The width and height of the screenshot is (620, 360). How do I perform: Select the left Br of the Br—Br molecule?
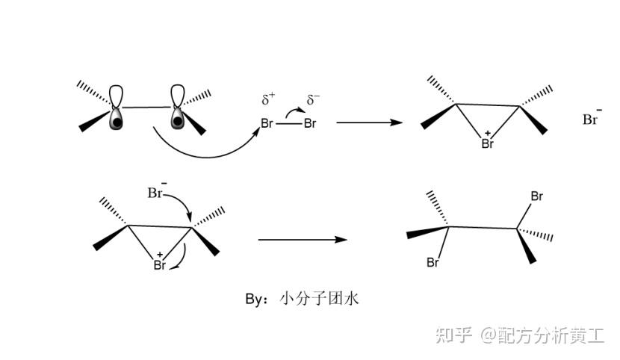[x=267, y=123]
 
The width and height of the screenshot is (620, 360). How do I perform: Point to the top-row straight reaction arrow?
[x=369, y=122]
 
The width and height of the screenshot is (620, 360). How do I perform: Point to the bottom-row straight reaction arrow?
[x=302, y=240]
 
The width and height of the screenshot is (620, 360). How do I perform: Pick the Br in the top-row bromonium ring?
[x=488, y=143]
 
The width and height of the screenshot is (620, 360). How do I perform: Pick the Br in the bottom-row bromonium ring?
[x=159, y=264]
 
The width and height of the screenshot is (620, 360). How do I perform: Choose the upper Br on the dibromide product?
[x=536, y=196]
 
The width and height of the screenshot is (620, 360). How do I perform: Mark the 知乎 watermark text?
[x=454, y=335]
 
